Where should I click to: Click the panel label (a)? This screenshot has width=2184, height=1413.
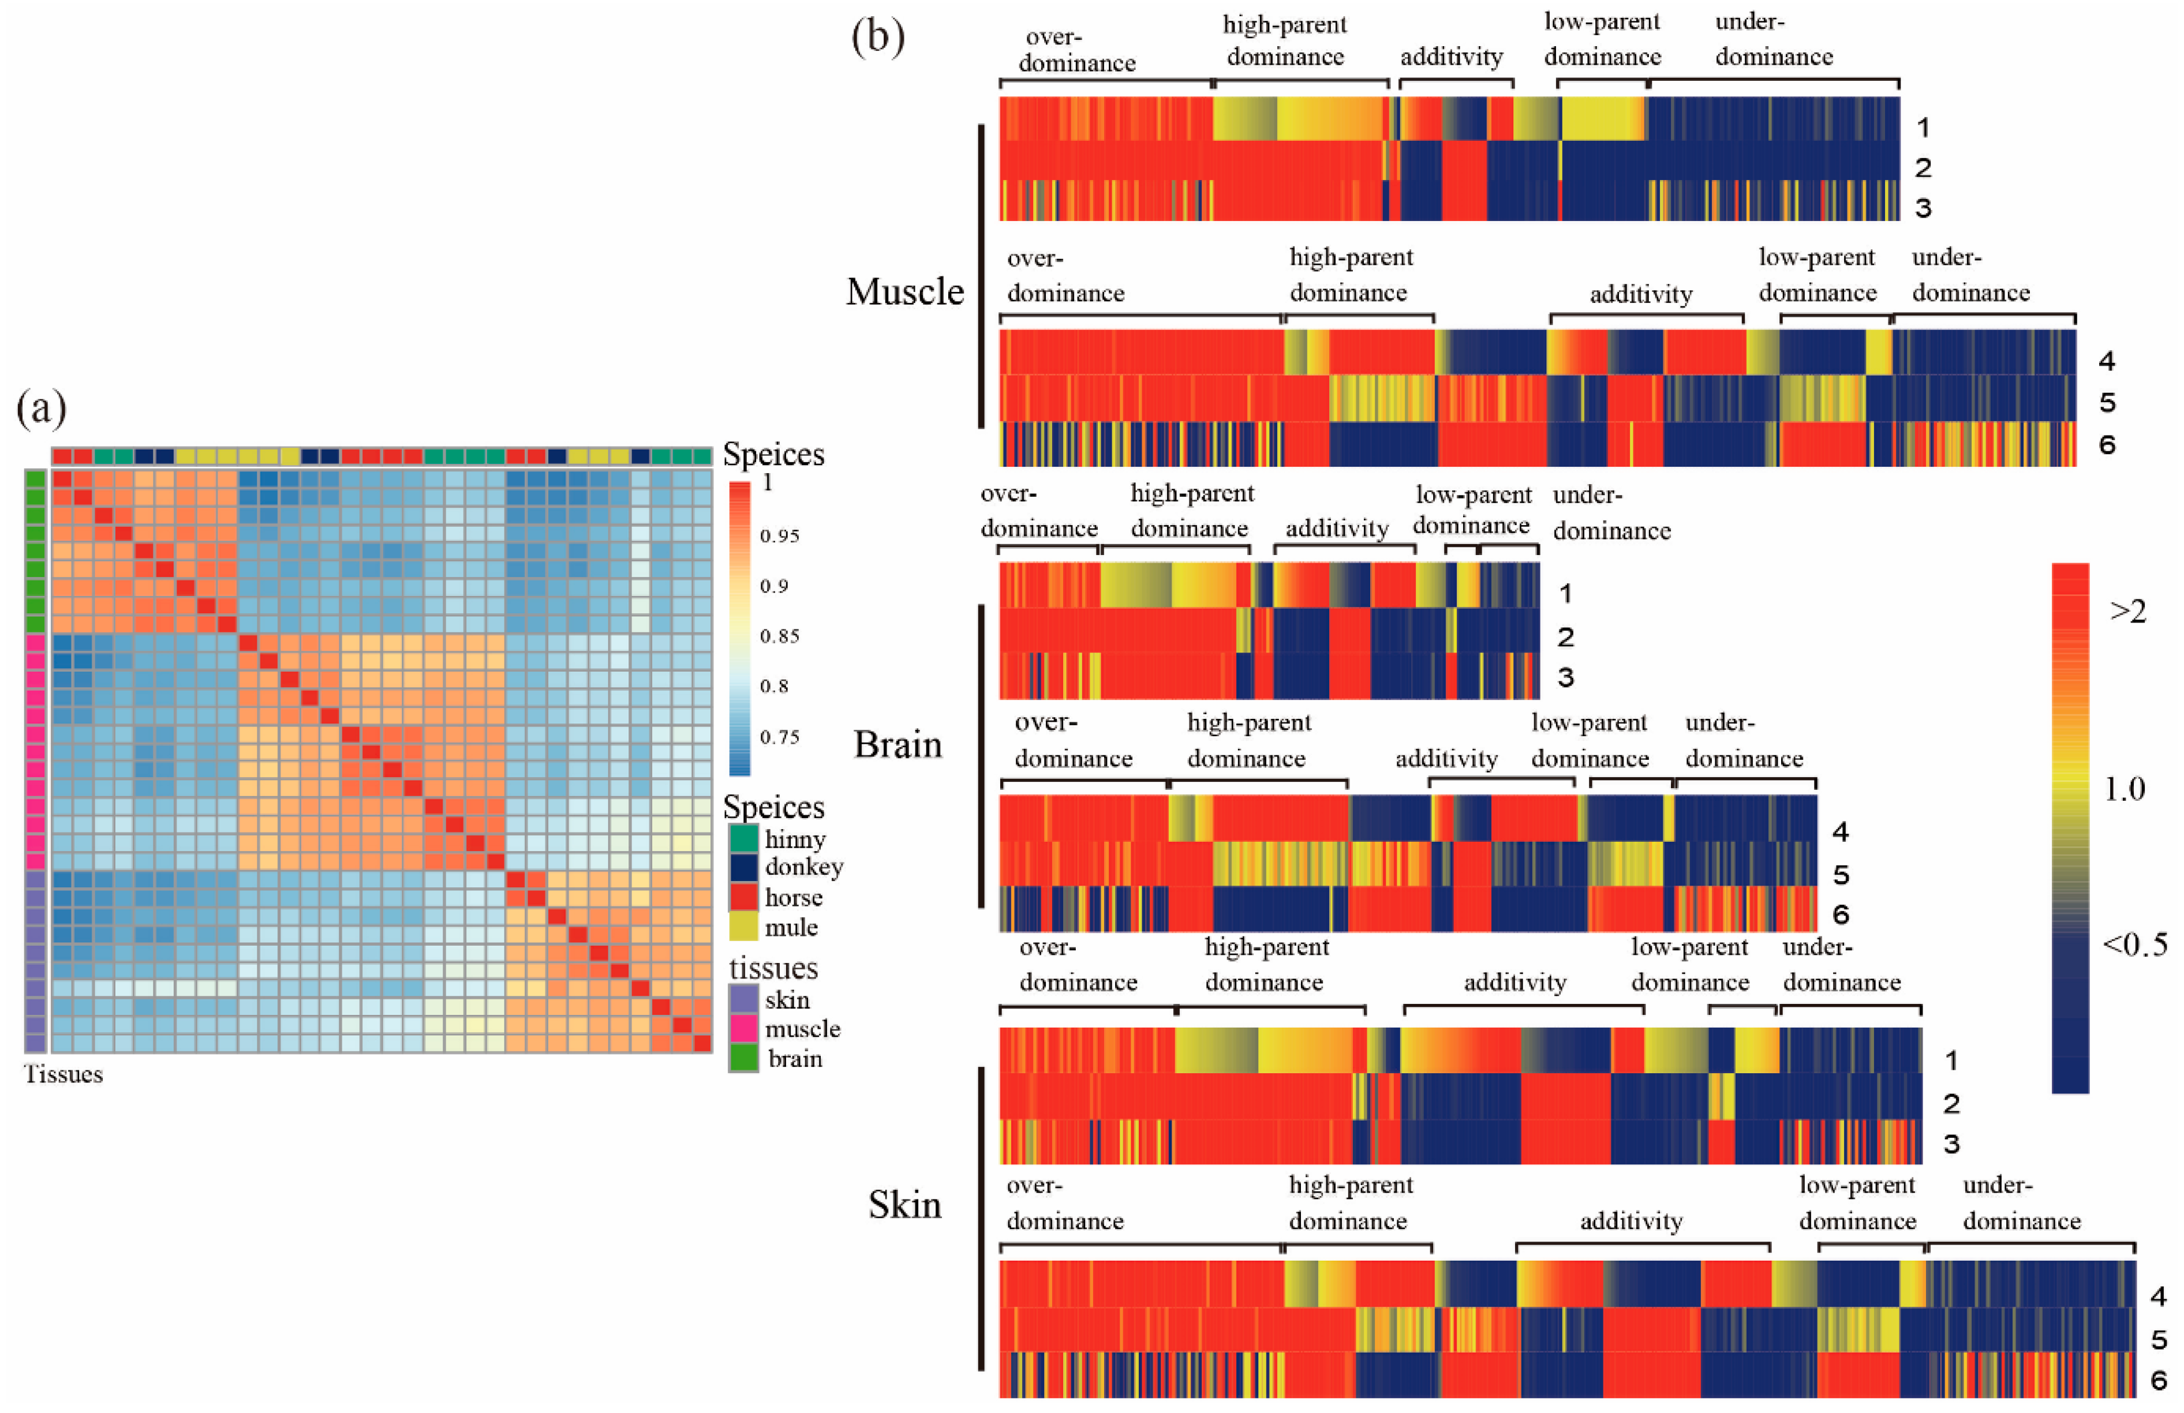click(42, 408)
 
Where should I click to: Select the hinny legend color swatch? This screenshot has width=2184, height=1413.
click(743, 838)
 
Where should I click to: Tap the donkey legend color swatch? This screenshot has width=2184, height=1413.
click(743, 868)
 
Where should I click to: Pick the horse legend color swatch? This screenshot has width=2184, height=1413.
click(743, 897)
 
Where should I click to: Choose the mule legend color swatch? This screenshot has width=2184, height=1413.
click(743, 927)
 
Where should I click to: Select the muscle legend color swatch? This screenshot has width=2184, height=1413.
click(743, 1029)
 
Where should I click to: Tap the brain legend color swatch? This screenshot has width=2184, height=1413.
click(743, 1058)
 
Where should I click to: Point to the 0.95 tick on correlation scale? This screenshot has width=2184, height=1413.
click(779, 536)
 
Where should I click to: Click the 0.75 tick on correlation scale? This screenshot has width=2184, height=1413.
click(779, 737)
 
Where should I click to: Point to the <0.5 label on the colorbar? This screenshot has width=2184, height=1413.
click(2134, 944)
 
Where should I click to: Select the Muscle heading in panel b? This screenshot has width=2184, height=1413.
click(905, 292)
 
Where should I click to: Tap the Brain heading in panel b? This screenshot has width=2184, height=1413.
click(897, 744)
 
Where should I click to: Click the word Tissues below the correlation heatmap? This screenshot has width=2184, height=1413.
click(63, 1074)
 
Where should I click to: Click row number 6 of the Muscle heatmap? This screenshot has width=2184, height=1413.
click(2107, 445)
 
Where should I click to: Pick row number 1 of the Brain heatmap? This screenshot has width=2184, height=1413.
click(1565, 594)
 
